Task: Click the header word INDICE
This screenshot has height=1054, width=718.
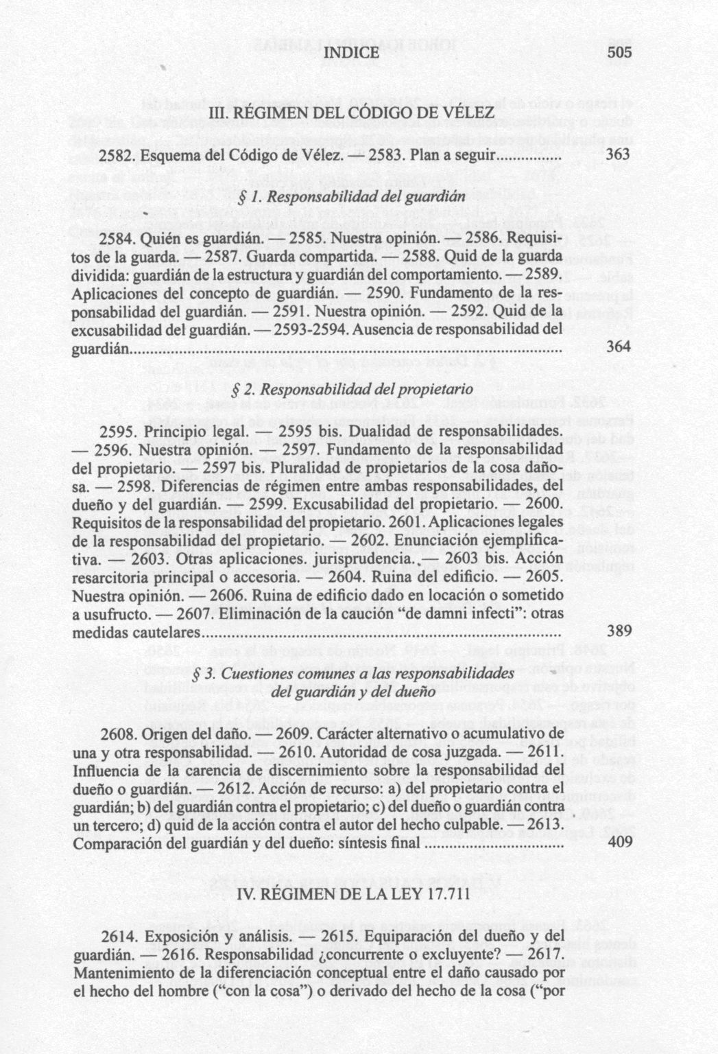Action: point(350,54)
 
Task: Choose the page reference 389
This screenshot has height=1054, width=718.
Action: point(619,631)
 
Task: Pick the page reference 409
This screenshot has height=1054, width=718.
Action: point(620,842)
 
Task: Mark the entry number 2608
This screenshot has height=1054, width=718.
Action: point(119,734)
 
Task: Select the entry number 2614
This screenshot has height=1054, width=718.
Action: point(119,937)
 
